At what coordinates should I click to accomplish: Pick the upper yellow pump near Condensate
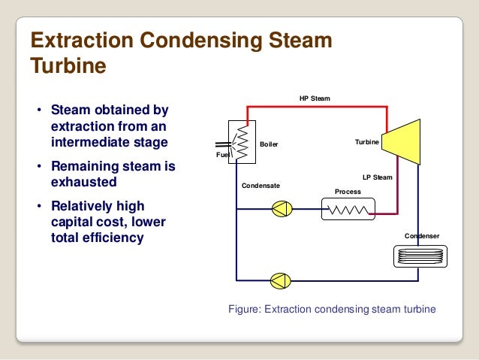[282, 209]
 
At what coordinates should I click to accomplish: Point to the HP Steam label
[315, 98]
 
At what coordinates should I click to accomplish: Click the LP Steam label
[377, 177]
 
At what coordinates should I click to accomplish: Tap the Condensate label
[260, 185]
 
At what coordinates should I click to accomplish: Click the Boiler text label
[269, 144]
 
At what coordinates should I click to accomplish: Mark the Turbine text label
[367, 141]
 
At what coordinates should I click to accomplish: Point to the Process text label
[348, 192]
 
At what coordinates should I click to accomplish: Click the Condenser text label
[422, 236]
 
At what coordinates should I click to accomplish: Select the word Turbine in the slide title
[68, 66]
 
